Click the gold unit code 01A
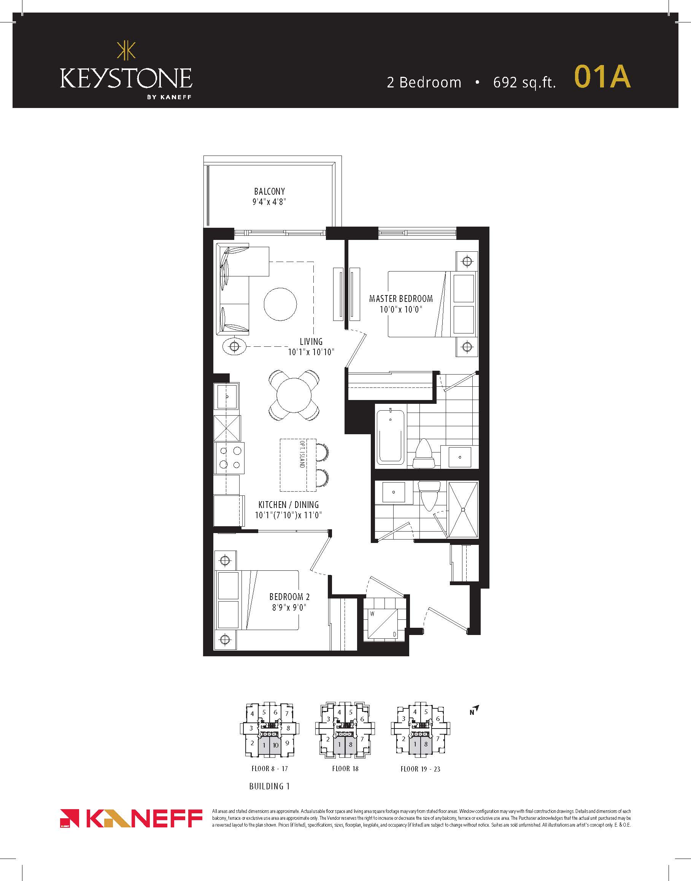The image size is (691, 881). pyautogui.click(x=602, y=76)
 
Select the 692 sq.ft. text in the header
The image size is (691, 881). pyautogui.click(x=524, y=83)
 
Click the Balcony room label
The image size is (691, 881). pyautogui.click(x=270, y=191)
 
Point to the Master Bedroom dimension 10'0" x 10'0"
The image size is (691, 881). pyautogui.click(x=401, y=310)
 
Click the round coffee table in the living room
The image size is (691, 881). pyautogui.click(x=280, y=304)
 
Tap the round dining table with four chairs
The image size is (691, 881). pyautogui.click(x=294, y=395)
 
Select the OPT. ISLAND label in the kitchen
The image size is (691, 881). pyautogui.click(x=302, y=454)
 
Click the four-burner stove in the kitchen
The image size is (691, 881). pyautogui.click(x=229, y=458)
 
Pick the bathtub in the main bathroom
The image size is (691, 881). pyautogui.click(x=391, y=437)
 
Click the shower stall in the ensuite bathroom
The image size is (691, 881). pyautogui.click(x=463, y=510)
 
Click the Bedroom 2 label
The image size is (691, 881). pyautogui.click(x=289, y=597)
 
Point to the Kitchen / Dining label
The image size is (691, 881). pyautogui.click(x=289, y=505)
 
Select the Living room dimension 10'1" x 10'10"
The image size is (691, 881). pyautogui.click(x=311, y=352)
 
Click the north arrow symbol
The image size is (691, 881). pyautogui.click(x=475, y=710)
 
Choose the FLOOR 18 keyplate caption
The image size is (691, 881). pyautogui.click(x=345, y=768)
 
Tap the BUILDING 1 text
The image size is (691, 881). pyautogui.click(x=270, y=786)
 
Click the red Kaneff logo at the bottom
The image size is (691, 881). pyautogui.click(x=131, y=819)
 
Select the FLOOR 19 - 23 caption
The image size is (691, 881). pyautogui.click(x=420, y=769)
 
